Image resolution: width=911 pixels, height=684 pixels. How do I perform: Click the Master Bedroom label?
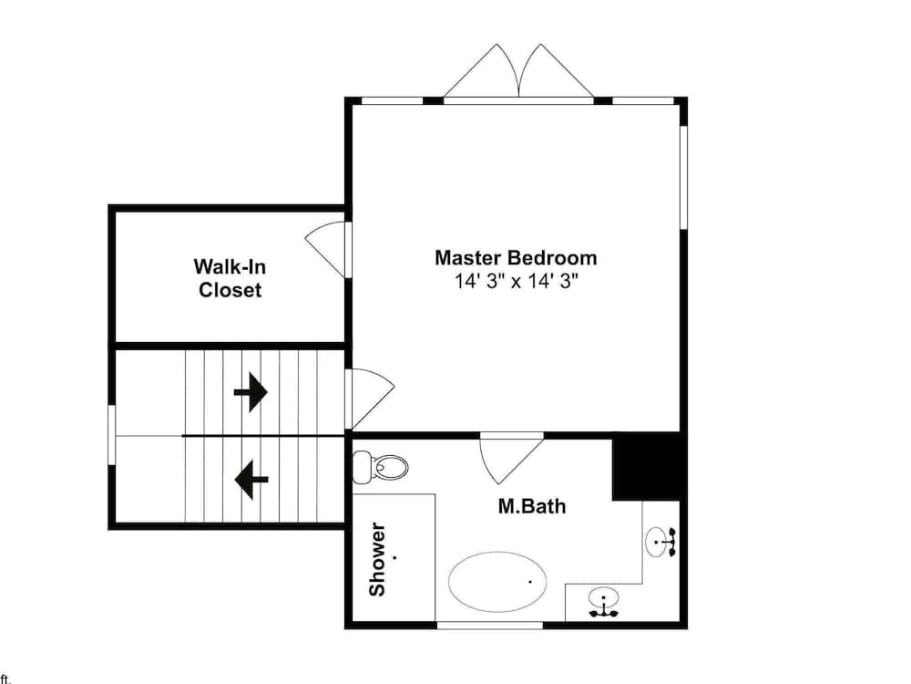516,258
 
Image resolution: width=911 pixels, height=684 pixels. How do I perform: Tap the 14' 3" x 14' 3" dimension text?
517,282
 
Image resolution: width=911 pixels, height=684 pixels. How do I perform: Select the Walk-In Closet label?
230,278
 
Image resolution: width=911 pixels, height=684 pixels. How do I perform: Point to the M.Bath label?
532,506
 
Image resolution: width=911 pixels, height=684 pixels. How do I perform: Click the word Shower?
378,560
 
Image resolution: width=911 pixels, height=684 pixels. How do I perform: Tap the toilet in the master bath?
381,466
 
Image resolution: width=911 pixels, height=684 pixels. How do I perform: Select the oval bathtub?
497,582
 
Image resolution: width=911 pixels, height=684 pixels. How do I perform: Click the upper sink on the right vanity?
661,542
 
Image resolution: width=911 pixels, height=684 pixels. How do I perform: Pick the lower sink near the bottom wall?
604,602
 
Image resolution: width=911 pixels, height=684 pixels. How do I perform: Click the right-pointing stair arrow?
251,392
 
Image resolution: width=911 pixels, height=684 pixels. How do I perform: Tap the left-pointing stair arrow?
251,480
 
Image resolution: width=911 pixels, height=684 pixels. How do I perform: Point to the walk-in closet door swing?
325,250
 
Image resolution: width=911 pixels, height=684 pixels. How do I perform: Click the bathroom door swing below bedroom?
511,460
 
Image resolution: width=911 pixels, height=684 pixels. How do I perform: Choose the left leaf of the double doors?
481,71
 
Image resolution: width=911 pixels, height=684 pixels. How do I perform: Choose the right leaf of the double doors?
557,71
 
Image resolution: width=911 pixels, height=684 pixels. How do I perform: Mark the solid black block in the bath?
646,466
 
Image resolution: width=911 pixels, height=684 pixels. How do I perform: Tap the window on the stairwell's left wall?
111,434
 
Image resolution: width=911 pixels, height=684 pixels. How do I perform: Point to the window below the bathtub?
490,625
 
